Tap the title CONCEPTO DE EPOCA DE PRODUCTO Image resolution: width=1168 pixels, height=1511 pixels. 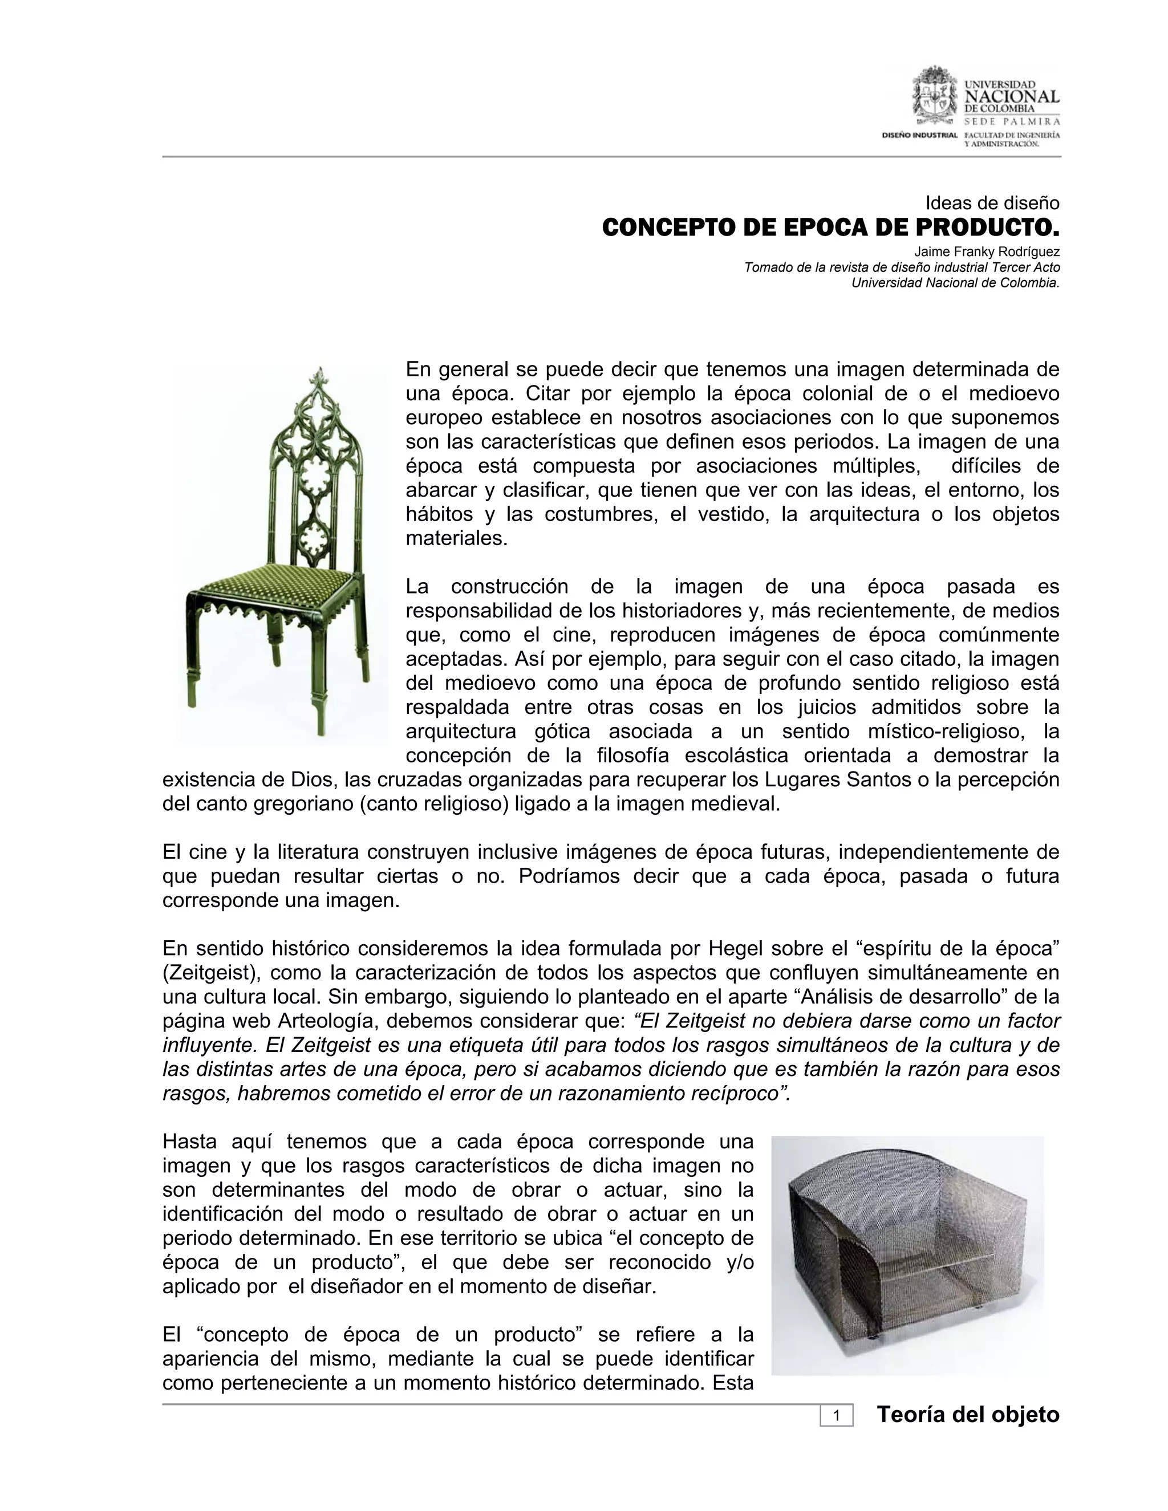pos(830,227)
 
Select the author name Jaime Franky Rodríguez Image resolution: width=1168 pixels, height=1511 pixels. pos(987,252)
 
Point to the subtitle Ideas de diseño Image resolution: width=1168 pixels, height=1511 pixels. pos(992,204)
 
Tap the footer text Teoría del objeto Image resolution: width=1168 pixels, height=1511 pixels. pos(968,1415)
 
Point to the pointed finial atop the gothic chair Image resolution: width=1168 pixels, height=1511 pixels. pos(318,377)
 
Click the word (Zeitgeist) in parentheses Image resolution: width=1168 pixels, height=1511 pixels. pos(212,972)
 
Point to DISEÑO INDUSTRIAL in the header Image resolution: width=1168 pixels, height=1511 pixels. pos(919,134)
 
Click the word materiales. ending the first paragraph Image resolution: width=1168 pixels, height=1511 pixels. pos(457,538)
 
